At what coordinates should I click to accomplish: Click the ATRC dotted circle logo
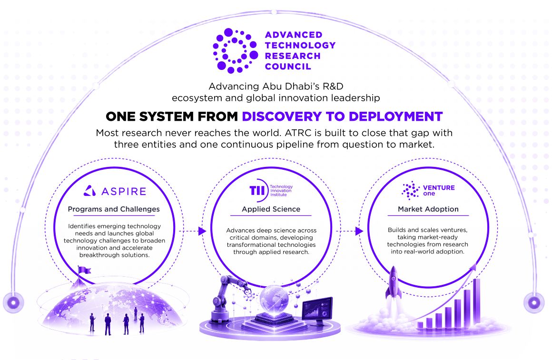point(235,51)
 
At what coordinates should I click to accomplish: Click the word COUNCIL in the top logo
point(288,67)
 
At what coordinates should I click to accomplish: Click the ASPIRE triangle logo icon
point(90,191)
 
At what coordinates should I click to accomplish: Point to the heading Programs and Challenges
point(114,209)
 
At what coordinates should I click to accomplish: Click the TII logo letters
point(257,190)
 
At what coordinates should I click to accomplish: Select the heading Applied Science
point(271,209)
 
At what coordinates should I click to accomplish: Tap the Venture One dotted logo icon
point(411,191)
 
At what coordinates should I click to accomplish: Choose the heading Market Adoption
point(428,209)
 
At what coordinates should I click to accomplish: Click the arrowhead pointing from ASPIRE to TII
point(202,231)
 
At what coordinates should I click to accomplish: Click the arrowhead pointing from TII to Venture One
point(359,231)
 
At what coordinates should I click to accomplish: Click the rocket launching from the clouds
point(394,284)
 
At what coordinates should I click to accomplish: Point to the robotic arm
point(227,298)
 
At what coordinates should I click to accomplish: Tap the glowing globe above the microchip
point(274,298)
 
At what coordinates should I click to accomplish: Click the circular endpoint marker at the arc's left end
point(13,302)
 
